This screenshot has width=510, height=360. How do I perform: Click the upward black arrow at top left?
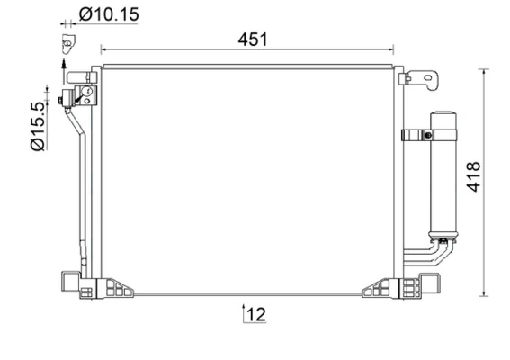[63, 62]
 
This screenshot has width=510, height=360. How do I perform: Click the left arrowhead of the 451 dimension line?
[103, 50]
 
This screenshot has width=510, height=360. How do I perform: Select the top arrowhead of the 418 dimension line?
[487, 71]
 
